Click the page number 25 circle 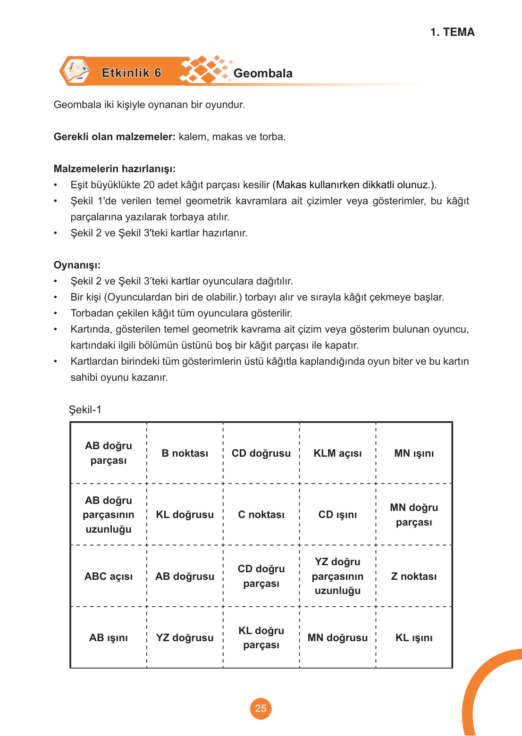click(x=261, y=708)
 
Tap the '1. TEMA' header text click(x=452, y=32)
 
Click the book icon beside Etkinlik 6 click(x=76, y=72)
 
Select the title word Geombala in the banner click(x=263, y=73)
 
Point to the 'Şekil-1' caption click(x=85, y=410)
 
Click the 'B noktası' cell click(x=185, y=453)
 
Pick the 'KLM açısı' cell click(x=337, y=453)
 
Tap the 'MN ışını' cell click(x=414, y=453)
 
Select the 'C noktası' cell click(x=261, y=514)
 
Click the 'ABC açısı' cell click(x=109, y=576)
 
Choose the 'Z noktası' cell click(x=414, y=576)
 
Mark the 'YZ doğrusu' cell click(x=185, y=637)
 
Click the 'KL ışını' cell click(x=414, y=637)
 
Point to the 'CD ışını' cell click(x=337, y=514)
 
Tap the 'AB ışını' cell click(x=109, y=637)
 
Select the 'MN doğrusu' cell click(x=337, y=637)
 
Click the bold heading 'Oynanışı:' click(x=77, y=265)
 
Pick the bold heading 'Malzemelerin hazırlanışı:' click(x=115, y=169)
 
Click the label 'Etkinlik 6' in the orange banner click(x=131, y=73)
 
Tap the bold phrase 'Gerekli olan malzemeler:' click(x=115, y=137)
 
